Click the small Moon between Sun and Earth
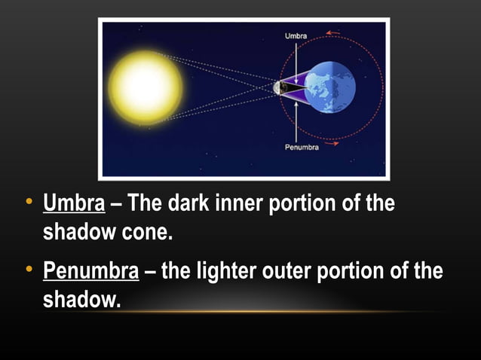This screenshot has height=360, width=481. (x=280, y=88)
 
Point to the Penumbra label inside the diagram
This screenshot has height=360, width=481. (x=301, y=148)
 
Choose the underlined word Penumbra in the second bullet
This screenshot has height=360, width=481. (x=91, y=270)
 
